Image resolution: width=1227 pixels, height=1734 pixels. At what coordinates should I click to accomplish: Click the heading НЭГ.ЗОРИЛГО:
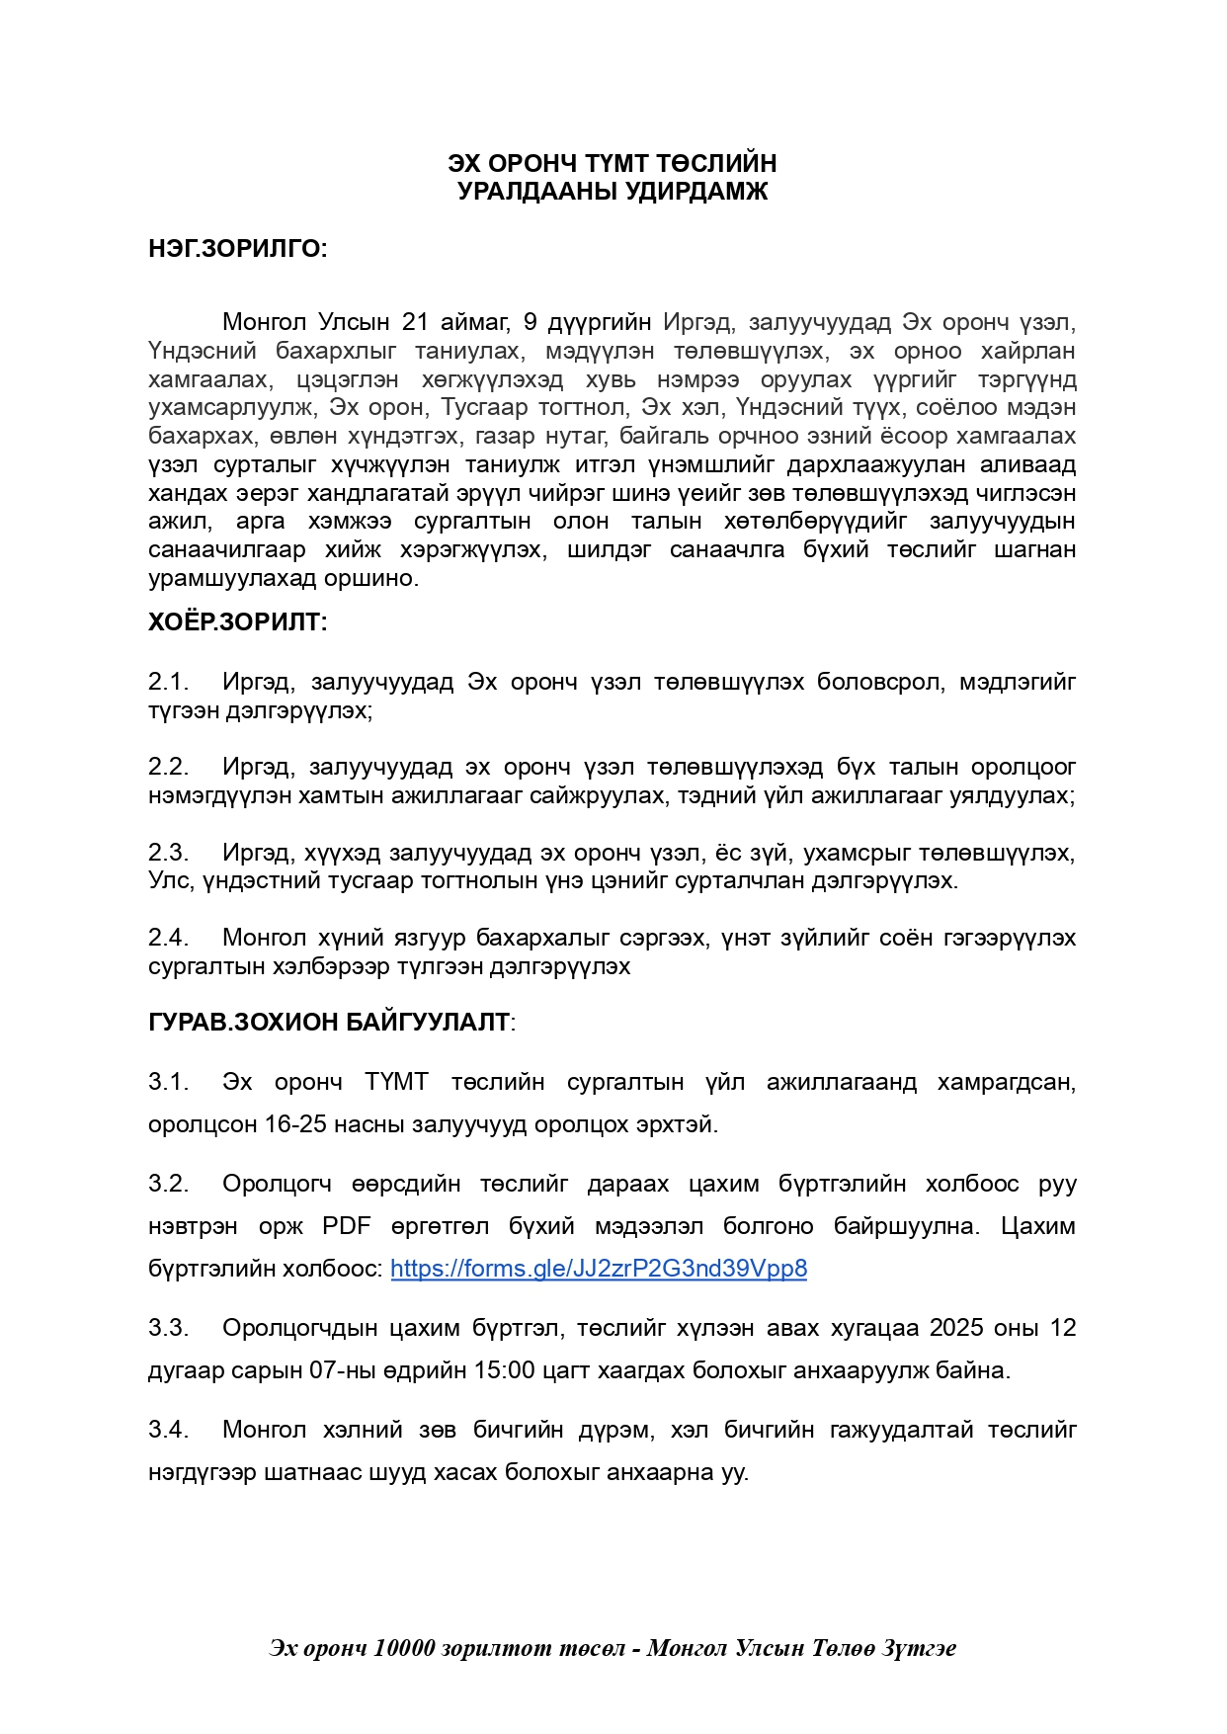(x=237, y=249)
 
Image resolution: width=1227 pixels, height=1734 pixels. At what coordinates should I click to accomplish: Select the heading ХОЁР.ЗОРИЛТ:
(x=237, y=622)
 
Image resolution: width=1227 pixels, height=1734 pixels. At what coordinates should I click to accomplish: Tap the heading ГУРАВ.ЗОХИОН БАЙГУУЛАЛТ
(x=329, y=1022)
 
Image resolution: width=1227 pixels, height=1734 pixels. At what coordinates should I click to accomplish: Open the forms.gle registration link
(x=599, y=1269)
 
